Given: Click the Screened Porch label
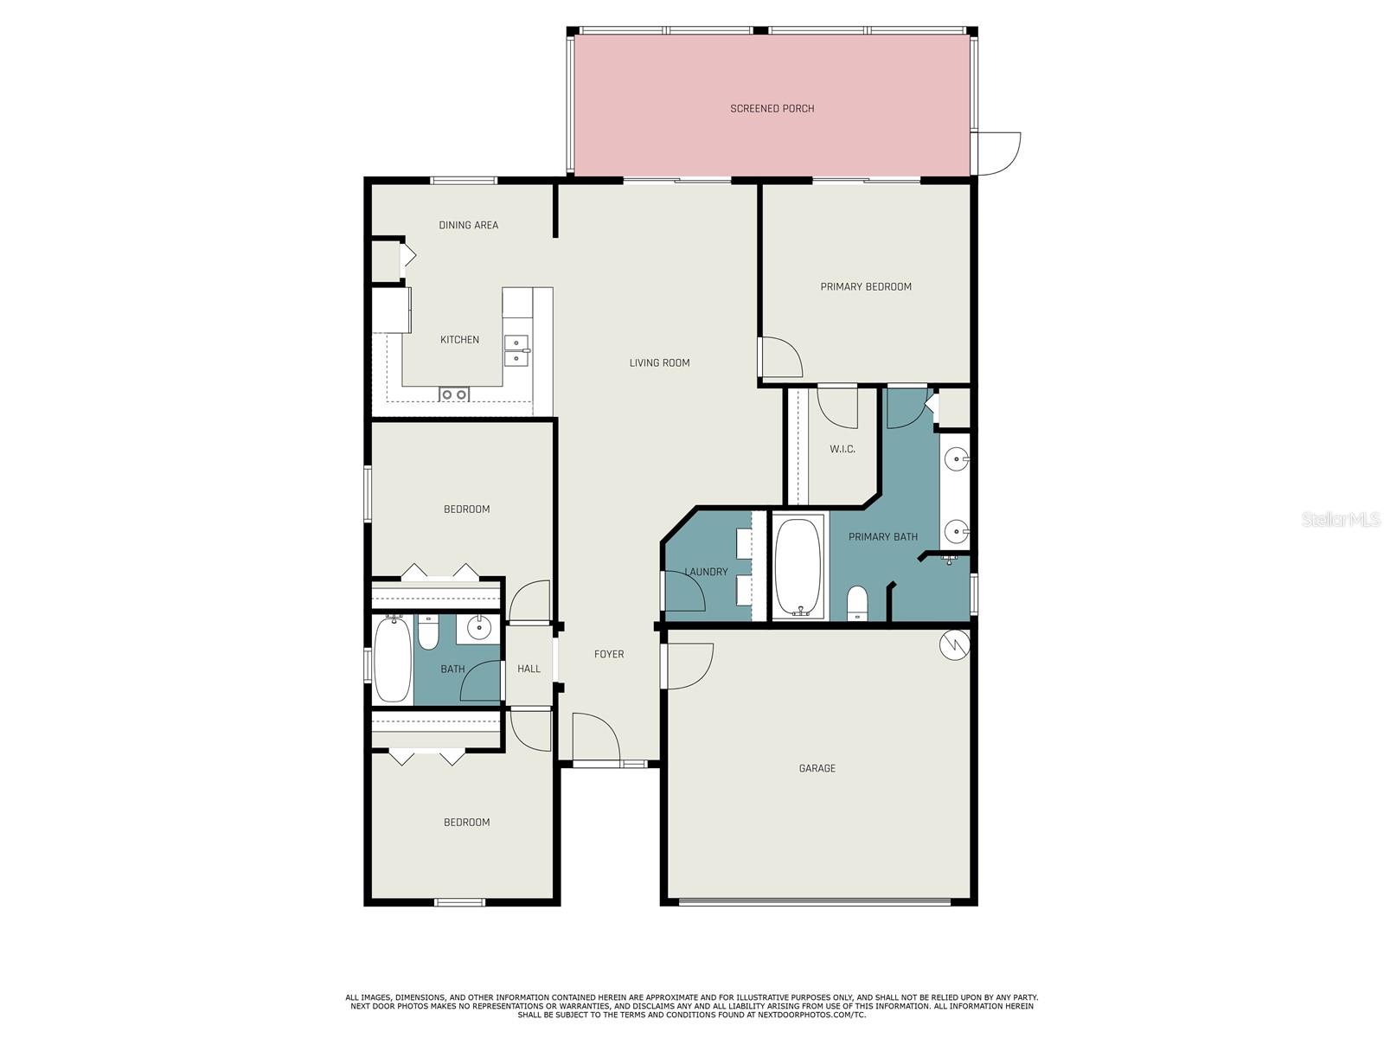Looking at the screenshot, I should (772, 109).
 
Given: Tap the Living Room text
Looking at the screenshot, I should (659, 363).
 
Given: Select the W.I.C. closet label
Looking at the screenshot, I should (842, 449).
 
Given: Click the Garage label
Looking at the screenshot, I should (817, 768).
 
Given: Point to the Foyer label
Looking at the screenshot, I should (608, 655).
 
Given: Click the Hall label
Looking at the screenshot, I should (529, 669).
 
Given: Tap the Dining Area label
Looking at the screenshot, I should (468, 225).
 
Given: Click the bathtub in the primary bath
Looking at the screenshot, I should (798, 567).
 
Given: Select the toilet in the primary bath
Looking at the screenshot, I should (857, 602).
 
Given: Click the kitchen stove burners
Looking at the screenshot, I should (454, 395).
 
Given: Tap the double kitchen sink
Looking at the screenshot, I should (516, 349).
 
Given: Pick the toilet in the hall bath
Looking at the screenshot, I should (428, 631).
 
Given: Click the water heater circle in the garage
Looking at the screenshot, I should (955, 644).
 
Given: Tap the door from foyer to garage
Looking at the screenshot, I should (688, 666).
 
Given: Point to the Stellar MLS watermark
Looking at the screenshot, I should (1340, 519).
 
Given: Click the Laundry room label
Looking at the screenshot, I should (706, 572).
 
